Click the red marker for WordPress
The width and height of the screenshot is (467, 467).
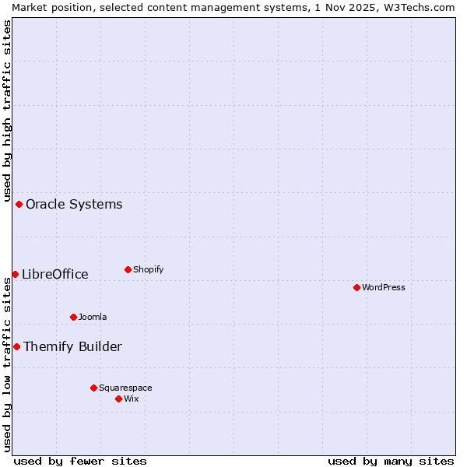(356, 287)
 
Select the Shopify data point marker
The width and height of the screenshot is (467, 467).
(128, 269)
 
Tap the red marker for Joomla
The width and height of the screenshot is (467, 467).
(73, 317)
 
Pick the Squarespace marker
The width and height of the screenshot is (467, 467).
(93, 388)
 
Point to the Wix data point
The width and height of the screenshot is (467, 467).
(118, 399)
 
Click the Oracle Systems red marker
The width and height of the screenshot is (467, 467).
(19, 204)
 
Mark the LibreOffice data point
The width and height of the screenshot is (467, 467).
(15, 274)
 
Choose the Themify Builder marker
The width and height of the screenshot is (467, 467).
(16, 346)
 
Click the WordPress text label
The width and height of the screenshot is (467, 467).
(384, 287)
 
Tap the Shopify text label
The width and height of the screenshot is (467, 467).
(149, 269)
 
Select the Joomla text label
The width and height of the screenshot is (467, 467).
(93, 317)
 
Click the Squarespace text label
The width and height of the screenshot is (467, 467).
(125, 388)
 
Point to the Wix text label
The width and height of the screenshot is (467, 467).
(132, 399)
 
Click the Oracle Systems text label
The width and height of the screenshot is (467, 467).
(74, 204)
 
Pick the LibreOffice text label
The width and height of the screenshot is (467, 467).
(55, 274)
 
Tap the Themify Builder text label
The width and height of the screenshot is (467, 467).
(72, 346)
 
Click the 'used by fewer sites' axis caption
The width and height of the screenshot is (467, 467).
(80, 461)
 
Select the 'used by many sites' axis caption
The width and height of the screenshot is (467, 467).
(391, 461)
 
